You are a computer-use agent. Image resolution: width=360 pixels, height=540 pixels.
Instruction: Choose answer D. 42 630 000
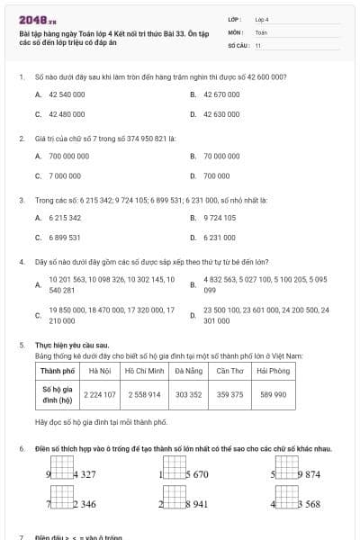[221, 114]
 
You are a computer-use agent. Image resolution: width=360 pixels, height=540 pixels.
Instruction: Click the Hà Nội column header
[100, 371]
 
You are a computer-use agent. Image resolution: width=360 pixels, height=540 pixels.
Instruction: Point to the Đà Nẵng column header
[189, 371]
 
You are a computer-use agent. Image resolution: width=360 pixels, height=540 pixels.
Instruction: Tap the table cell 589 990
[274, 394]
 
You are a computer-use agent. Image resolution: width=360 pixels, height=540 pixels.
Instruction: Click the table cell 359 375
[230, 394]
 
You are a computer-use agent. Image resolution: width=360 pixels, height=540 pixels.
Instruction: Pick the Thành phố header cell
[58, 371]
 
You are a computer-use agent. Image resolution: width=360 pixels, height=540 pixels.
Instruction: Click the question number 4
[21, 262]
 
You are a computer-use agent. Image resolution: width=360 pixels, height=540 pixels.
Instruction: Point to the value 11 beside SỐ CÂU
[258, 45]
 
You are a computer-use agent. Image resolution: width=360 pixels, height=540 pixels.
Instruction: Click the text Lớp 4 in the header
[262, 18]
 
